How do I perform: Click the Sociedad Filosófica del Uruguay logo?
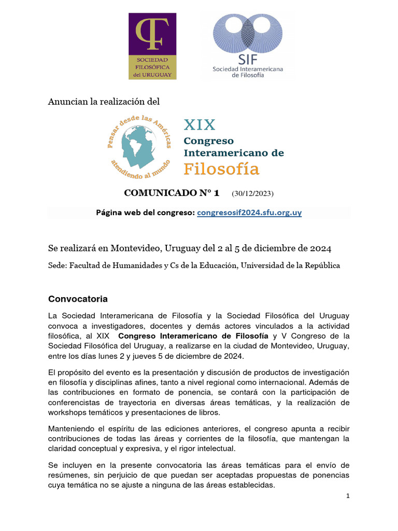point(152,46)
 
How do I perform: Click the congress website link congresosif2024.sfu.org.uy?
point(249,213)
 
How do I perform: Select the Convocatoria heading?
point(78,299)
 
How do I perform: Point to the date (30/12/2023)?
point(253,194)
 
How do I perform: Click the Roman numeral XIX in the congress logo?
point(200,125)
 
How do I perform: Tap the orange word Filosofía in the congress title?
point(222,169)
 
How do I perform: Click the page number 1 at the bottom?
point(348,496)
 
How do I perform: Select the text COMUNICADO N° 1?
point(172,193)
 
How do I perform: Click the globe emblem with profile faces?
point(139,146)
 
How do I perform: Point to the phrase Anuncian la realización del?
point(104,102)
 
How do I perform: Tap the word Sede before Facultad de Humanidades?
point(57,265)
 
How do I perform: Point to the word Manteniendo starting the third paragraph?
point(71,429)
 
